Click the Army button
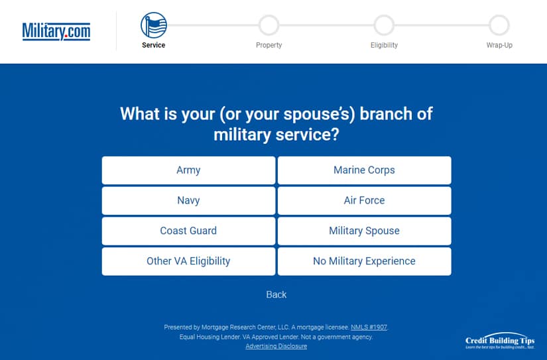[188, 170]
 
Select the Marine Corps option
[364, 170]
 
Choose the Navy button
[188, 201]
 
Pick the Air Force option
[364, 201]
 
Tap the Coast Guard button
[188, 231]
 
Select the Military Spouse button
[364, 231]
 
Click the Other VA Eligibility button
[188, 261]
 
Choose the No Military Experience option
[364, 261]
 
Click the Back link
[276, 295]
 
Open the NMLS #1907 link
[369, 328]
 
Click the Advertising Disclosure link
[276, 346]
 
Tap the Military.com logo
[56, 31]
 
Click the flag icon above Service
[154, 25]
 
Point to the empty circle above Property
[269, 15]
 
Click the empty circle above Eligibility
[384, 15]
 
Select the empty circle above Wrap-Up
[499, 15]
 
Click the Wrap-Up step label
[499, 45]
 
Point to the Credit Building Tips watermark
[500, 341]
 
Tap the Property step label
[269, 45]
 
